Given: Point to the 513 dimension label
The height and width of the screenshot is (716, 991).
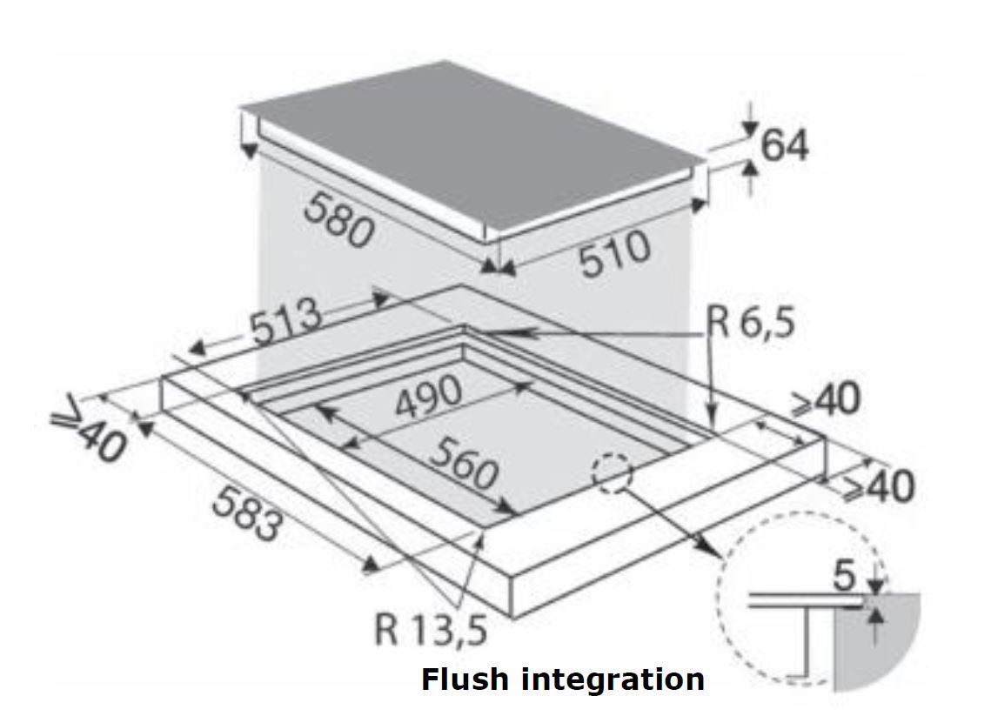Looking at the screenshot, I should (286, 323).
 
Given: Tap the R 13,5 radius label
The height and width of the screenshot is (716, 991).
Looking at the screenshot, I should (431, 628).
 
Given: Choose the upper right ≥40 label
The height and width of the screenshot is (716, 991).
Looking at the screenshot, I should (825, 401).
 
